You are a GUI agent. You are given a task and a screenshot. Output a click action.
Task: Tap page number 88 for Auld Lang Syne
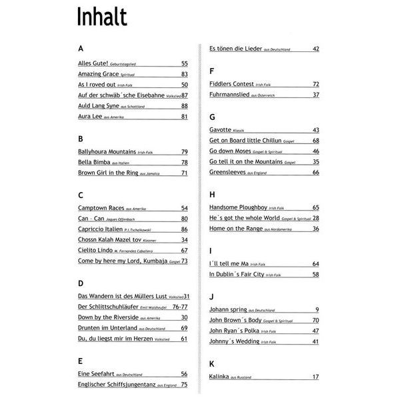(x=185, y=106)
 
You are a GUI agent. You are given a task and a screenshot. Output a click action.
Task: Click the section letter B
(x=81, y=139)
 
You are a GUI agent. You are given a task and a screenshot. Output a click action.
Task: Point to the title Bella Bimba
(x=94, y=163)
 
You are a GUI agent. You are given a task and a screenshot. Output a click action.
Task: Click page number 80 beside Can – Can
(x=185, y=219)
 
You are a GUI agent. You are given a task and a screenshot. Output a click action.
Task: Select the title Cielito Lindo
(x=95, y=250)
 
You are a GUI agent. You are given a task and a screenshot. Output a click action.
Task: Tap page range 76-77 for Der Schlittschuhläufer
(x=180, y=307)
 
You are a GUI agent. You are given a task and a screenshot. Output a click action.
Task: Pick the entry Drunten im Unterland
(x=108, y=328)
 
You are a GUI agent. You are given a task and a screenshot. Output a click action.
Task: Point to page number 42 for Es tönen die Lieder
(x=316, y=49)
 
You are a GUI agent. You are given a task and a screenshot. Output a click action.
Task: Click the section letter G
(x=212, y=116)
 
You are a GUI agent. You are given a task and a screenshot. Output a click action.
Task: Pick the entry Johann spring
(x=228, y=310)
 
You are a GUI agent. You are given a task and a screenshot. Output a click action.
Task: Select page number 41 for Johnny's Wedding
(x=316, y=341)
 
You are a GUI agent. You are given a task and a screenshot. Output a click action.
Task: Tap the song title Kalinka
(x=221, y=377)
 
